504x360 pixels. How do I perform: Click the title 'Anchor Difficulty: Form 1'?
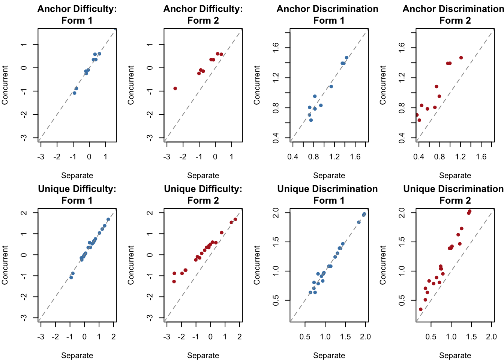click(x=77, y=15)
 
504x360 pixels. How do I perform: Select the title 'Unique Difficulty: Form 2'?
click(x=203, y=195)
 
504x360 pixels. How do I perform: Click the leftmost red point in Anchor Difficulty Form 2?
click(x=175, y=88)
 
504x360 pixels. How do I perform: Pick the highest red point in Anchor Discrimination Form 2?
click(x=461, y=58)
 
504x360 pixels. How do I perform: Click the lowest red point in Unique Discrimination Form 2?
click(x=421, y=309)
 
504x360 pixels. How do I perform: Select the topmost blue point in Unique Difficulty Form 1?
click(x=108, y=219)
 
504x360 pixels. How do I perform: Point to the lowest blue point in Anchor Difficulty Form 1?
click(x=75, y=93)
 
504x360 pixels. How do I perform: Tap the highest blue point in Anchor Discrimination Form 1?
click(x=346, y=58)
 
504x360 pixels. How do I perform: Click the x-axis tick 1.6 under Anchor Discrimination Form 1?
click(x=355, y=156)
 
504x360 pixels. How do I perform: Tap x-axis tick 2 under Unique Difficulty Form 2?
click(x=240, y=337)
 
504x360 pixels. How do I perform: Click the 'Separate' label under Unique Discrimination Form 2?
click(x=455, y=355)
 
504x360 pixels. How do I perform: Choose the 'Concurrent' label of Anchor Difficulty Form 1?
click(x=5, y=85)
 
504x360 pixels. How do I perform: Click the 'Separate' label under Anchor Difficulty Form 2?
click(x=203, y=175)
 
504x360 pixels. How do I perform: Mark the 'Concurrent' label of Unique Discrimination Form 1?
click(x=257, y=265)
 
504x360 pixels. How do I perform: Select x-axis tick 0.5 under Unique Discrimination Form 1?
click(x=305, y=337)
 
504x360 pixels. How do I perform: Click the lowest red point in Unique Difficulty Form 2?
click(x=174, y=281)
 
